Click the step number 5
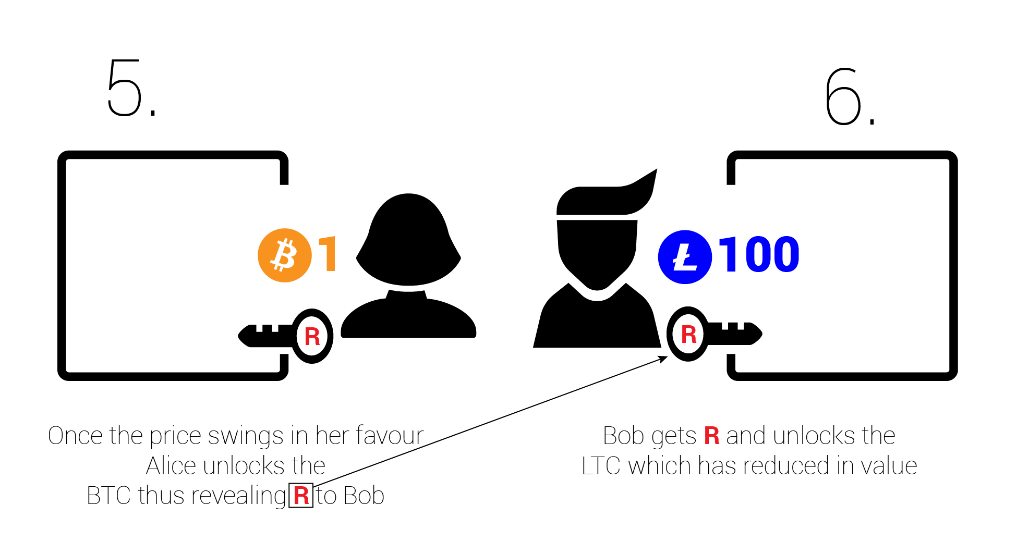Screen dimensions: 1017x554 point(125,88)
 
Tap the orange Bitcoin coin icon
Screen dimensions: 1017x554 point(285,255)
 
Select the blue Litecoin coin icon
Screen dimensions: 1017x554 point(685,257)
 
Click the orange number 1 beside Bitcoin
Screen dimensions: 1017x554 point(328,254)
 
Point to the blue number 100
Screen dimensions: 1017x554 point(759,254)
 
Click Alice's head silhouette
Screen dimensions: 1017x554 point(408,240)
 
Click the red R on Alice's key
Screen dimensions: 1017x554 point(312,337)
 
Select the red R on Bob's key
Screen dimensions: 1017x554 point(688,335)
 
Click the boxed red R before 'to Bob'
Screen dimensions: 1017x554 point(301,496)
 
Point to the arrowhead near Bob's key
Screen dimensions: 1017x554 point(663,359)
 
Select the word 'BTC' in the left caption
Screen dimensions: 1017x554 point(108,496)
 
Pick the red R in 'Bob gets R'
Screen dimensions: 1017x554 point(711,436)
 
